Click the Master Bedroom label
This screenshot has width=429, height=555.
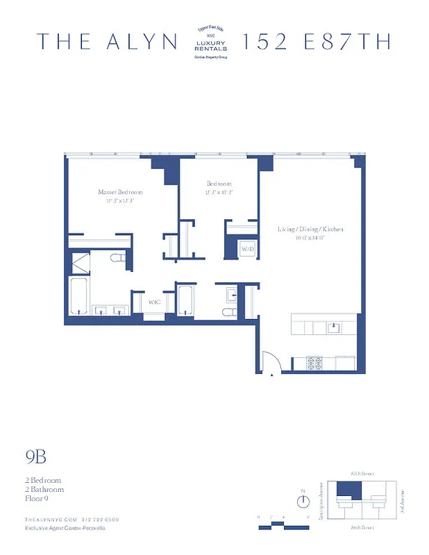pyautogui.click(x=120, y=191)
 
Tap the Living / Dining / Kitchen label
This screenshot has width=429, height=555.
pyautogui.click(x=310, y=229)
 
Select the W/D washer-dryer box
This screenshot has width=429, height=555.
pyautogui.click(x=247, y=249)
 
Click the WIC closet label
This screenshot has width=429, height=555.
pyautogui.click(x=154, y=302)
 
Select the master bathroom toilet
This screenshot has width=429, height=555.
pyautogui.click(x=117, y=259)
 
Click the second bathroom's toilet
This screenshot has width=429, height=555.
pyautogui.click(x=228, y=311)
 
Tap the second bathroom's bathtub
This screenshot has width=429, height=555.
pyautogui.click(x=185, y=299)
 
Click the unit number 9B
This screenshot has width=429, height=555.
pyautogui.click(x=35, y=456)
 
